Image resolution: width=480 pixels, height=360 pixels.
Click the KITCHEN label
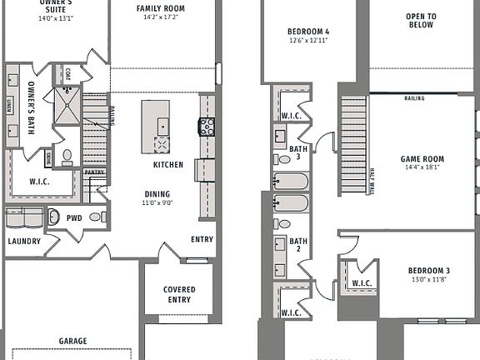(167, 165)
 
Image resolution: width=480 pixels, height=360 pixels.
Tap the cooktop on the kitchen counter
(206, 127)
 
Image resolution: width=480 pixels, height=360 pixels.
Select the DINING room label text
(157, 194)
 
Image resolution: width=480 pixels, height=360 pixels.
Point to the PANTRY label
(95, 172)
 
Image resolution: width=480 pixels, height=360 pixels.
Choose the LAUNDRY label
(24, 242)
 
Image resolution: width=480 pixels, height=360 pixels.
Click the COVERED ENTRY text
(178, 294)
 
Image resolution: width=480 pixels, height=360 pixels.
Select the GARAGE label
(73, 341)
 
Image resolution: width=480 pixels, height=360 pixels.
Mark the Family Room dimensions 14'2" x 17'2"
(160, 17)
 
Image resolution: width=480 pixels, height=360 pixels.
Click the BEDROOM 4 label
(286, 32)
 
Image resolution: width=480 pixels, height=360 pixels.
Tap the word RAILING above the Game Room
(414, 98)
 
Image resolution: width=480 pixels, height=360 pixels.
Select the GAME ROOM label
(422, 158)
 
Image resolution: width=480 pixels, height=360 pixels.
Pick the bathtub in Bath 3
(292, 181)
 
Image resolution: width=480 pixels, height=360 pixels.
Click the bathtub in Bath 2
(292, 203)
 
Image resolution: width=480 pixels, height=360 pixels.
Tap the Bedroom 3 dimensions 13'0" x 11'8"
(429, 280)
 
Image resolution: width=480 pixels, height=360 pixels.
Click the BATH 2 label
(299, 245)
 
